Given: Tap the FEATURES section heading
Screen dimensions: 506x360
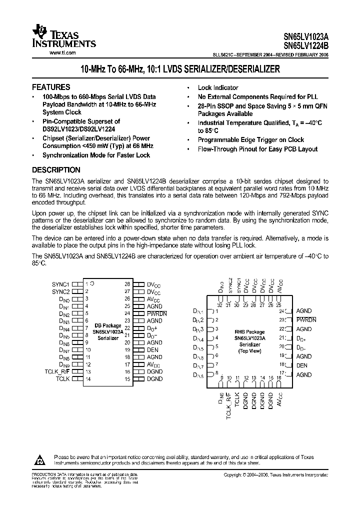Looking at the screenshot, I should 51,86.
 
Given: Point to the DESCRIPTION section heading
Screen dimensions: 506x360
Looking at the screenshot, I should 56,169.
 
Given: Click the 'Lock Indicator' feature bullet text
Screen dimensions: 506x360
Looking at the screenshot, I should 218,87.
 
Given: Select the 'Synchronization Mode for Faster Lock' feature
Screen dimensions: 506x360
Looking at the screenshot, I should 96,155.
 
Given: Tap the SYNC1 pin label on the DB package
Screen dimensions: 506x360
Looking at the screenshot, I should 60,283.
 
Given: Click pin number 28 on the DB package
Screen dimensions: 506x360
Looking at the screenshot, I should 127,283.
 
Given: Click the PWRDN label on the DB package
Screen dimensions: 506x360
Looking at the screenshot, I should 156,313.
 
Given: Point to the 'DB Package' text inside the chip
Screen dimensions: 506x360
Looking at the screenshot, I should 108,325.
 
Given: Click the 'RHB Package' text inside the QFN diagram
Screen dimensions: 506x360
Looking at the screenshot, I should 249,331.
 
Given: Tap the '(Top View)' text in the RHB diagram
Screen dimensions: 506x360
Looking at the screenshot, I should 249,351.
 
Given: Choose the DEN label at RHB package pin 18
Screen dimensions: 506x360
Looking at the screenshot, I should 302,365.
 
